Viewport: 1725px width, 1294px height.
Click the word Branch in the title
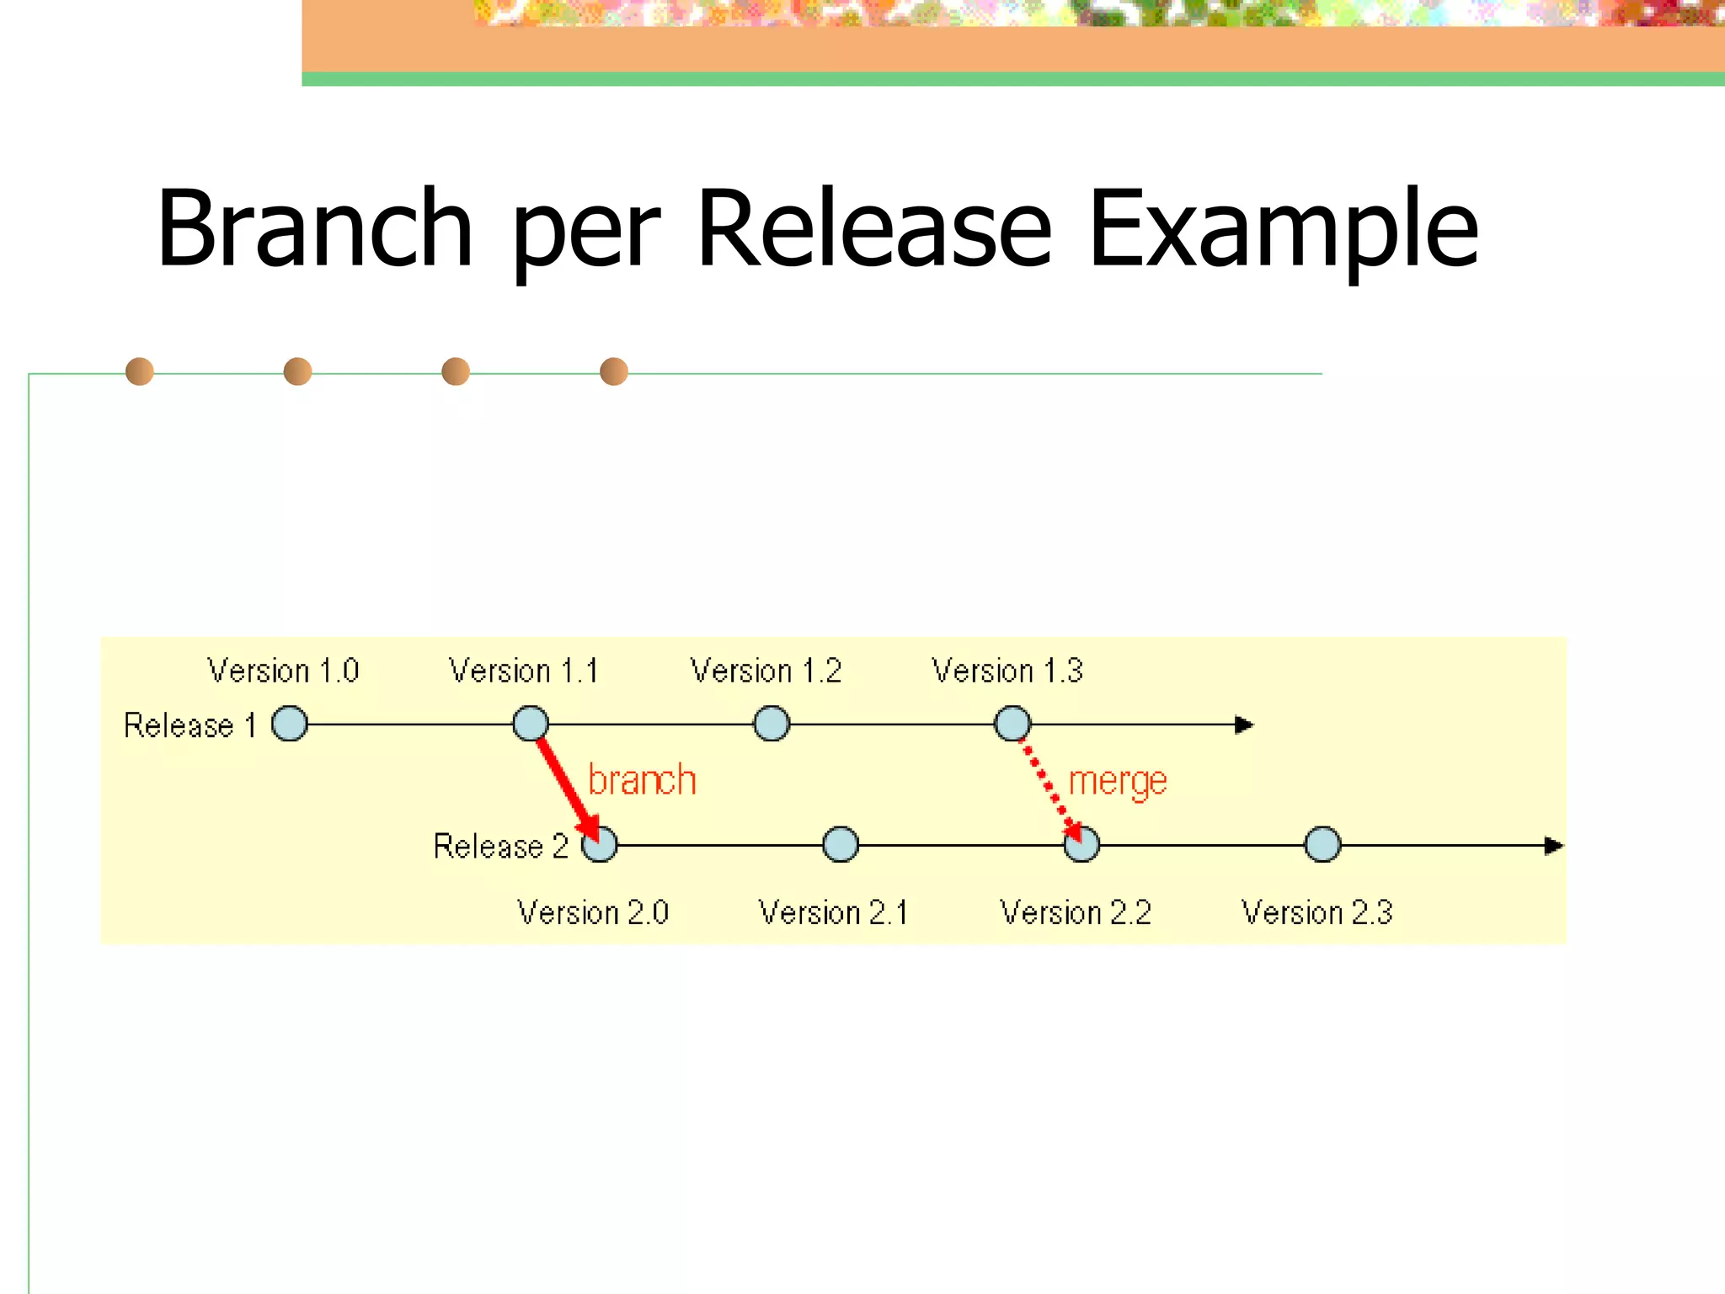(314, 229)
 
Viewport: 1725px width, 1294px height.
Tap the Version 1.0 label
(283, 671)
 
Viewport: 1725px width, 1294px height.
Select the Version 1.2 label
(766, 671)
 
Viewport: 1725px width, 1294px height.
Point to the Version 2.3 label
(1316, 912)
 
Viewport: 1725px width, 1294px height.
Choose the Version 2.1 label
(833, 912)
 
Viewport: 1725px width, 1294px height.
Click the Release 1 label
(190, 725)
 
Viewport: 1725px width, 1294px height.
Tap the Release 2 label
(500, 846)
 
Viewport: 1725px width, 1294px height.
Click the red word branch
(642, 780)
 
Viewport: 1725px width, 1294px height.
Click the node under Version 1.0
(290, 724)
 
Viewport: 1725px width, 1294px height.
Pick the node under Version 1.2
(772, 724)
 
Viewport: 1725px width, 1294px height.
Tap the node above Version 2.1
(841, 844)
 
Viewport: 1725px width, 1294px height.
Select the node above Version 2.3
(1322, 844)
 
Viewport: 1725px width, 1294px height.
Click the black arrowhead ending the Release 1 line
(1244, 725)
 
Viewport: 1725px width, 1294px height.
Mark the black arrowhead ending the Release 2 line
(1554, 846)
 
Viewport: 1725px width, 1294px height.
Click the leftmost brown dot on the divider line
(140, 372)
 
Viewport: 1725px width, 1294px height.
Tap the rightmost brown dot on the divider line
(614, 372)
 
